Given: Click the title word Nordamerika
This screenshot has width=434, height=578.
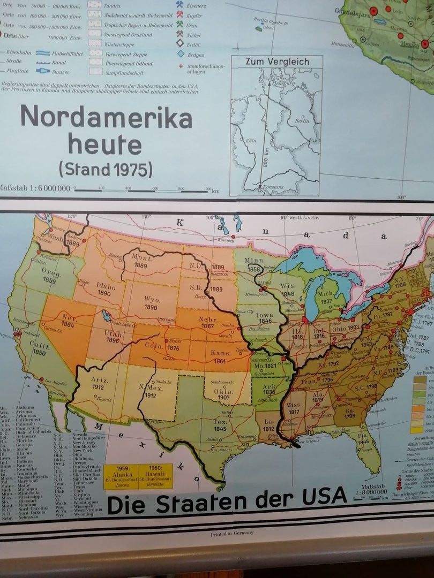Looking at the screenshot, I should [x=106, y=117].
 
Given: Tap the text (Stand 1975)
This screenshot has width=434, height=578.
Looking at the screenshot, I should [x=105, y=169].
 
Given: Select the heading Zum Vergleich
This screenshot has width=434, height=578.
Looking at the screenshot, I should [x=277, y=62].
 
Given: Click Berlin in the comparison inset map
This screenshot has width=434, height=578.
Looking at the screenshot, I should [x=303, y=121].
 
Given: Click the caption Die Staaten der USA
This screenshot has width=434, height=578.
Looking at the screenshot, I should [x=227, y=501].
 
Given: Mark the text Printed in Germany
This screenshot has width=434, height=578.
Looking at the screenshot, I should [x=233, y=534].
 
